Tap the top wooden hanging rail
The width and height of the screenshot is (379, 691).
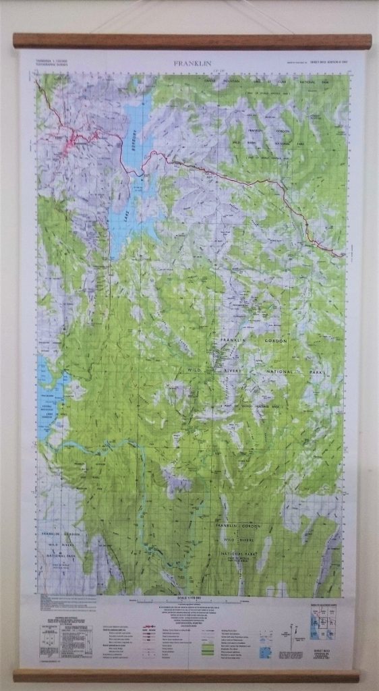click(192, 40)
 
